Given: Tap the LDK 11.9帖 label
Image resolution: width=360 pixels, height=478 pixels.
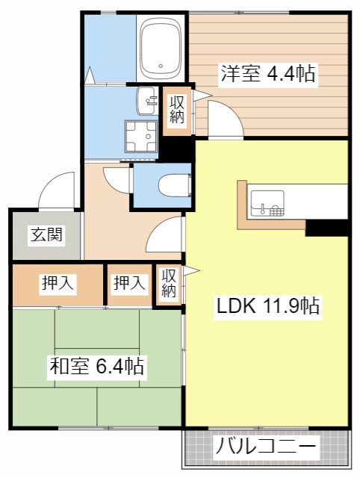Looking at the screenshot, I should [269, 305].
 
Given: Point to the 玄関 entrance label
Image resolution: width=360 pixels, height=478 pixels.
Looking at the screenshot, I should [46, 235].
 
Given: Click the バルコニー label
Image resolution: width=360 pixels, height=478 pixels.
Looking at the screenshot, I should [267, 450].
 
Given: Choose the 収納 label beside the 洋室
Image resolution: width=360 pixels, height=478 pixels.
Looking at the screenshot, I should [177, 110].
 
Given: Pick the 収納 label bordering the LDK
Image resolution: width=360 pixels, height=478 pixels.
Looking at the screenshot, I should [169, 285].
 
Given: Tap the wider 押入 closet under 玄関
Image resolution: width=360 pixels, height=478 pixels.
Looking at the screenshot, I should [58, 283].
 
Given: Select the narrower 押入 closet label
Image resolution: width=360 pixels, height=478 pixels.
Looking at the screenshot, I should [129, 283].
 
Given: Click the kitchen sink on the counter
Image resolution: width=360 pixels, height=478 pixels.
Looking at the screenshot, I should [267, 202].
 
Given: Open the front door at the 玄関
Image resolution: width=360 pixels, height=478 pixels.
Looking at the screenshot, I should [58, 190].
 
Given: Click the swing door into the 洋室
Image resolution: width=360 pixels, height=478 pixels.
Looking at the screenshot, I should [225, 119].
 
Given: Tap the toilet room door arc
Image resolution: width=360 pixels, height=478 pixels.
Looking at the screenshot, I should [118, 179].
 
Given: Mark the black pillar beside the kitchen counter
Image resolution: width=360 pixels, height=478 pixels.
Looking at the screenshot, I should [327, 227].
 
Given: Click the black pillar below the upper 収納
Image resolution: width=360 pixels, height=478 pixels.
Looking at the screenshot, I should [176, 150].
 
